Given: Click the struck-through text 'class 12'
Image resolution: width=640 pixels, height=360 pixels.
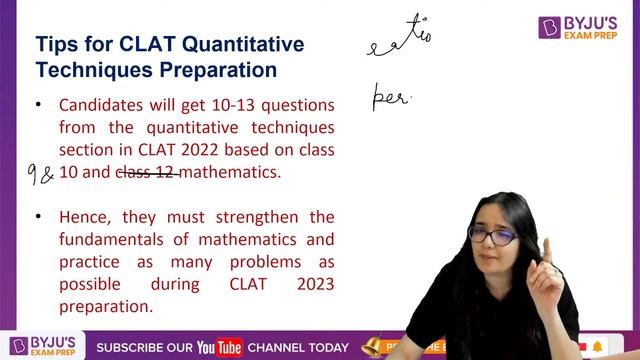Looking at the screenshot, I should tap(148, 172).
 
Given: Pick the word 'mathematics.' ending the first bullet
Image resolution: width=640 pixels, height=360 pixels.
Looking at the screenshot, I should tap(232, 172).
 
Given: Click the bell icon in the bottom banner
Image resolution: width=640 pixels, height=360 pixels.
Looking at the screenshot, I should tap(371, 346).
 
